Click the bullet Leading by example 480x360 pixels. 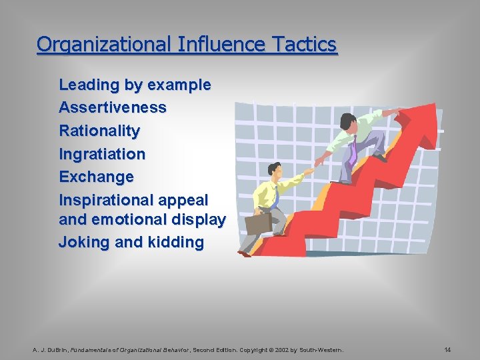coord(135,85)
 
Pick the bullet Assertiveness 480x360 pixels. coord(113,107)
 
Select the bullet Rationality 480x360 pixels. coord(99,131)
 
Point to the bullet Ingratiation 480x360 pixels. coord(102,154)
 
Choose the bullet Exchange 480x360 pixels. coord(96,177)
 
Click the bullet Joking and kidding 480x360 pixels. coord(131,242)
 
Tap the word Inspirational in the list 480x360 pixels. coord(113,200)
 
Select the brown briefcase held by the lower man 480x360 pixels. coord(258,223)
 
